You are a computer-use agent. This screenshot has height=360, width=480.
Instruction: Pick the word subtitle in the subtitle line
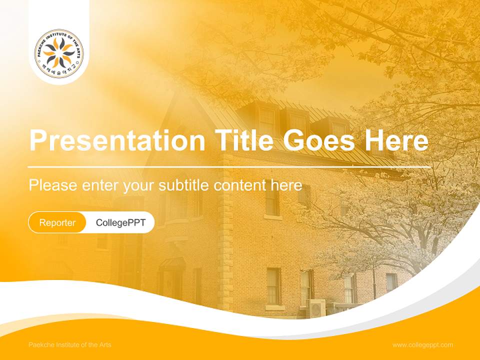184,185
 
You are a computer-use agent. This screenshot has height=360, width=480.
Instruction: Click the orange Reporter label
57,222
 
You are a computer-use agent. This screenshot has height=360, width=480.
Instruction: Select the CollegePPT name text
120,222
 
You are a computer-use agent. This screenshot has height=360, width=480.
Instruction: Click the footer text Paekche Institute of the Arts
70,345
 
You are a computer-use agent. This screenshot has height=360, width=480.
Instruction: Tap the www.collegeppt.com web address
422,345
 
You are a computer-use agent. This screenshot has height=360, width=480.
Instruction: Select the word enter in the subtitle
100,185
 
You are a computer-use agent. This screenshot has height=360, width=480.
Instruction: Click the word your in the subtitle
139,186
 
